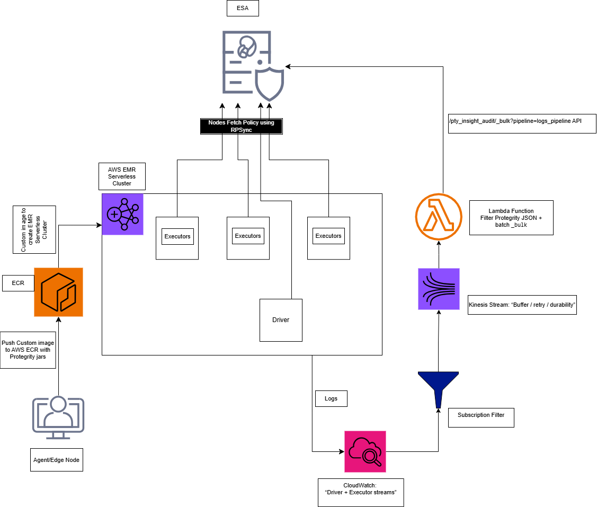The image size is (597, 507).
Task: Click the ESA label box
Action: (x=243, y=9)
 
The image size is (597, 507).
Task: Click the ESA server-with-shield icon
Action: (x=253, y=66)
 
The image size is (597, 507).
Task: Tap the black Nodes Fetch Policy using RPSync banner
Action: (x=241, y=126)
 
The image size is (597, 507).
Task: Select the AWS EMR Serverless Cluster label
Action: (x=122, y=176)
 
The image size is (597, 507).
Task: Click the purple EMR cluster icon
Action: (x=122, y=214)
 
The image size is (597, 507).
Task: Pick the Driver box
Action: (x=281, y=320)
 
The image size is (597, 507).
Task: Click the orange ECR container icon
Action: (x=58, y=292)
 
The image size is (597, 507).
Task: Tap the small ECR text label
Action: (x=18, y=283)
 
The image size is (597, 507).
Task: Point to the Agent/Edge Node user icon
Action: (x=58, y=418)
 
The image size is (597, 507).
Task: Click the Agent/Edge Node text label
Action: (x=56, y=460)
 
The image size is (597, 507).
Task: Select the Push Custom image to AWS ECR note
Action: (x=28, y=350)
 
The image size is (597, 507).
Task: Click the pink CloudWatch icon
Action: (x=365, y=451)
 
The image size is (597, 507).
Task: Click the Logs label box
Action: (x=331, y=398)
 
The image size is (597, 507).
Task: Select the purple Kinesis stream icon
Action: (x=439, y=289)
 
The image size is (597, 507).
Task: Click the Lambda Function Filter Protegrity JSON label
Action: (x=511, y=218)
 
